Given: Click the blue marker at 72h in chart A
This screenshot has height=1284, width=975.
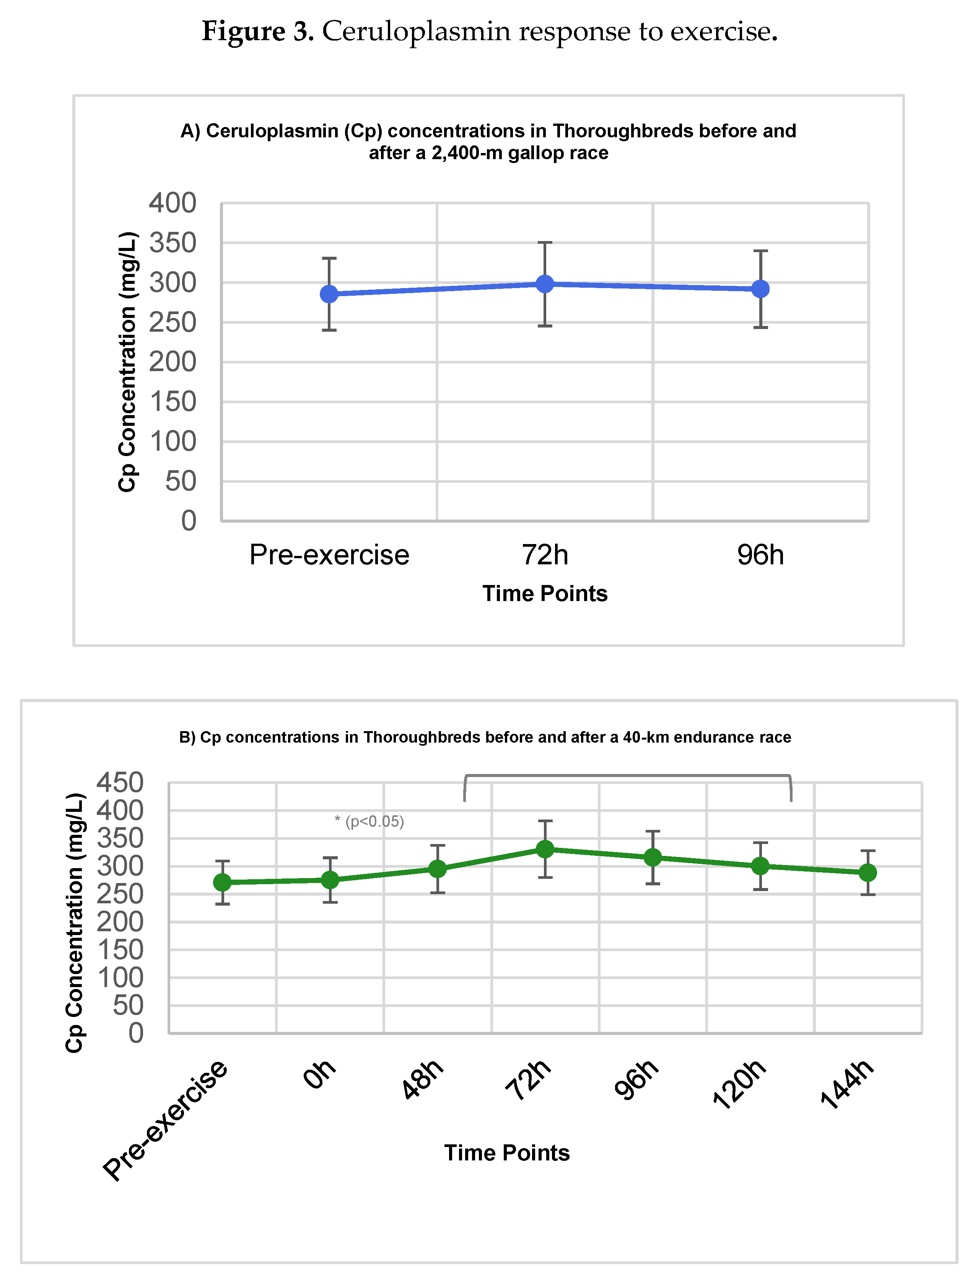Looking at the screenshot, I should (544, 284).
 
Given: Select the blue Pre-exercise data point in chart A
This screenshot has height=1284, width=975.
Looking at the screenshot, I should (329, 294).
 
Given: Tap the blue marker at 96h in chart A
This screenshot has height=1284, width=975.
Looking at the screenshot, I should (760, 288).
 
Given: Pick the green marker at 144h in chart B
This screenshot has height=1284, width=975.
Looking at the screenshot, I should (868, 872).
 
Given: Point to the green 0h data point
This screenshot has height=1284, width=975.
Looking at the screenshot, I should (330, 880).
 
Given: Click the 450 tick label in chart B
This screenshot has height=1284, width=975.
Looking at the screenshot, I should (120, 782).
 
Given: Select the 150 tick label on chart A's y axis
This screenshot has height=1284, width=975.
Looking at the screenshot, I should (173, 402).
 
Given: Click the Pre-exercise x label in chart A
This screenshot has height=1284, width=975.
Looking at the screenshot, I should (329, 554).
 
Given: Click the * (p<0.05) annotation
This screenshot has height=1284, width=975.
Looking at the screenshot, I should (369, 821).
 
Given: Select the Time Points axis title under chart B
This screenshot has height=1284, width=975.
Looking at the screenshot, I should (507, 1153).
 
